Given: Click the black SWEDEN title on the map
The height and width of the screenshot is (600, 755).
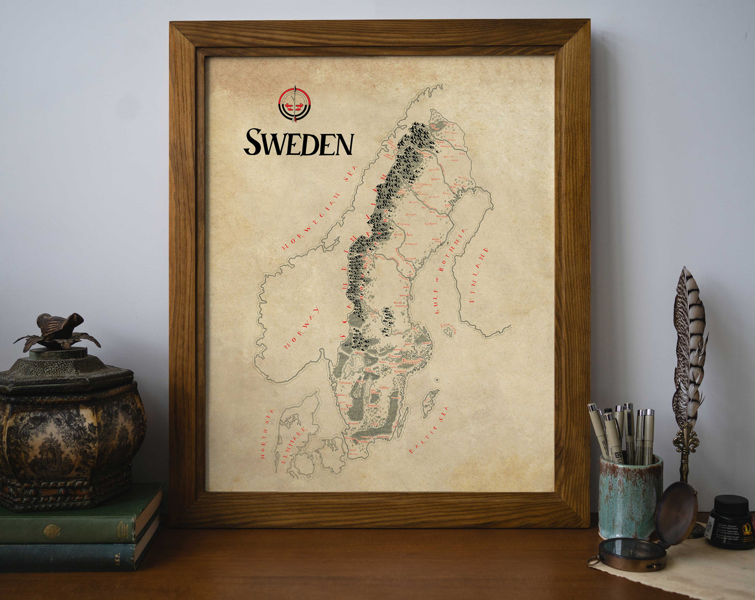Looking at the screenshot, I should [x=298, y=142].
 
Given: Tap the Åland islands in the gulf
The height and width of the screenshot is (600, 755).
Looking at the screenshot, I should [x=448, y=330].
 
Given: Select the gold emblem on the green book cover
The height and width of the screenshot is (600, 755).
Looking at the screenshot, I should [x=51, y=531].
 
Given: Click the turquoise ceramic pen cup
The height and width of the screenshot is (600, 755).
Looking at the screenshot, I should [x=630, y=497].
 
